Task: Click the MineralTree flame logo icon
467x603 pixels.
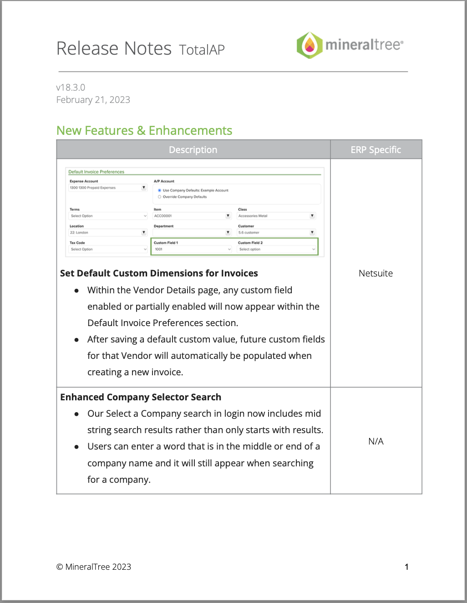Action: click(x=310, y=45)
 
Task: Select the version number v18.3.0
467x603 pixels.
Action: click(x=71, y=87)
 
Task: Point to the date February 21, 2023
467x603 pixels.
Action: click(x=93, y=100)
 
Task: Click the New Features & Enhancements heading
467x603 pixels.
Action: click(x=144, y=131)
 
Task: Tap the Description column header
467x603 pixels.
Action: click(x=193, y=150)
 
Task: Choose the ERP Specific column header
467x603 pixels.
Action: click(x=376, y=150)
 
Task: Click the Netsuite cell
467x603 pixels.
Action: click(x=376, y=273)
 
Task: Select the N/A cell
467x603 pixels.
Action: click(x=376, y=441)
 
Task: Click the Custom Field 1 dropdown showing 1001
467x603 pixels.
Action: click(x=193, y=249)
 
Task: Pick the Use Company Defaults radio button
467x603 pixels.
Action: click(x=159, y=190)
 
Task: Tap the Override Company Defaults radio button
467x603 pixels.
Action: click(x=159, y=197)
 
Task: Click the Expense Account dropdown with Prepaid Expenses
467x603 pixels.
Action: click(x=107, y=188)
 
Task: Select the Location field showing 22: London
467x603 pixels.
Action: click(x=107, y=232)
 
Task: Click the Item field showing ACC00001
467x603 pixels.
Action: click(x=192, y=216)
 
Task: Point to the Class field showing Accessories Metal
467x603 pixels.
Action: click(x=276, y=216)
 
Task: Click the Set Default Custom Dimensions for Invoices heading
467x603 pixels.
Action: click(x=159, y=273)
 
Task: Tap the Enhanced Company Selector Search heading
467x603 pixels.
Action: click(x=141, y=397)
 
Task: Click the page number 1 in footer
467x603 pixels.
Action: click(x=406, y=567)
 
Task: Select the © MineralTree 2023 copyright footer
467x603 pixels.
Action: click(x=94, y=567)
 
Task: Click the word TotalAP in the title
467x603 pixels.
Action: click(x=202, y=50)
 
